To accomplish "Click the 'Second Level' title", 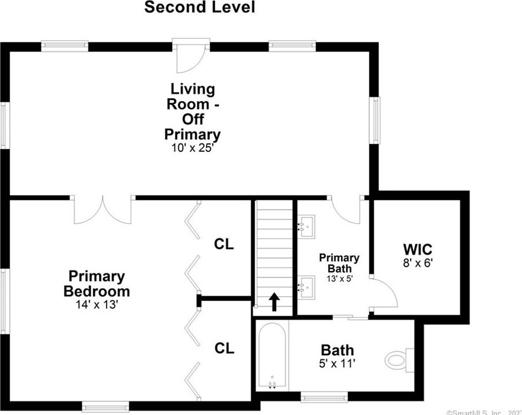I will (199, 7).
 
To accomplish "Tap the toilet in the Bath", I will (400, 360).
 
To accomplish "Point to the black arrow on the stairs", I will (274, 302).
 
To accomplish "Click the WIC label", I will (418, 249).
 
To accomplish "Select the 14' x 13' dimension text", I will (96, 304).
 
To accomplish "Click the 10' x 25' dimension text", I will (192, 148).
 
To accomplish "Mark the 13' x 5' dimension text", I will (339, 279).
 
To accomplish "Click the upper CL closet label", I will (224, 244).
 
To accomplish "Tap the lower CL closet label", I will (224, 348).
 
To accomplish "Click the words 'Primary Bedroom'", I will (96, 284).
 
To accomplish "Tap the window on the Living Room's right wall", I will (375, 120).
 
